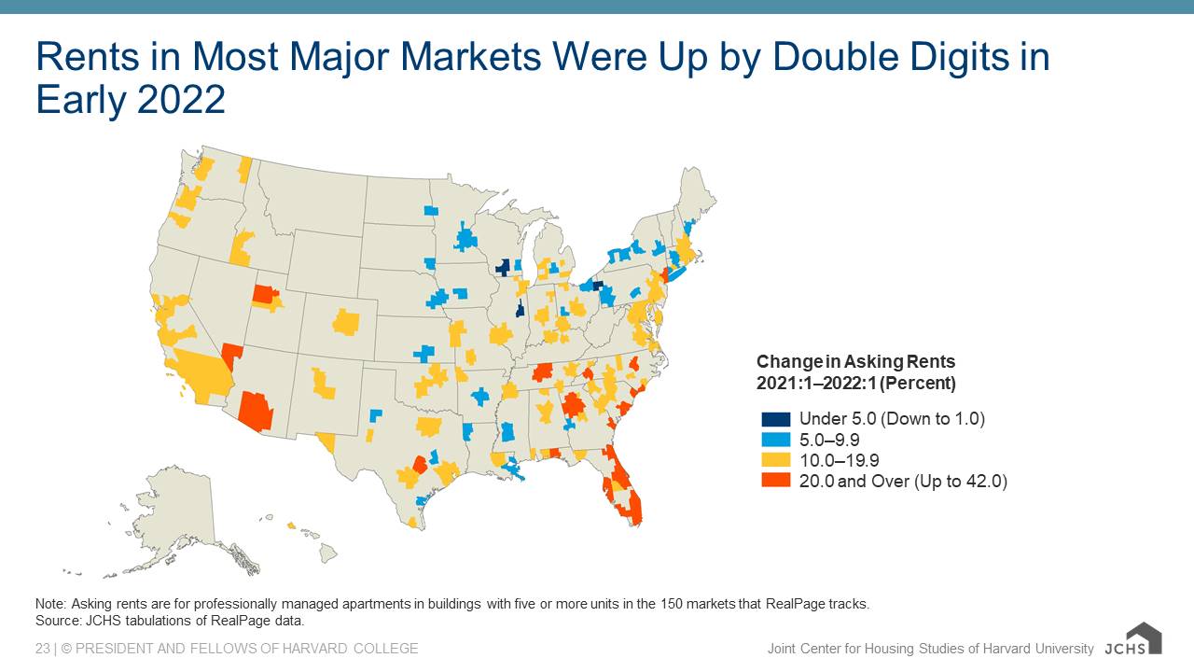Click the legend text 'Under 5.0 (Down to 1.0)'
892,419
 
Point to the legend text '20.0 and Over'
850,481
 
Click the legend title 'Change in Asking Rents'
855,362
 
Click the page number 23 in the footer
43,649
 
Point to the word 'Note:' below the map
51,604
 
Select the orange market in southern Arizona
256,410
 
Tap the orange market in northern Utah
264,295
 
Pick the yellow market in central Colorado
346,322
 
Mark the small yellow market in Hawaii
291,526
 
